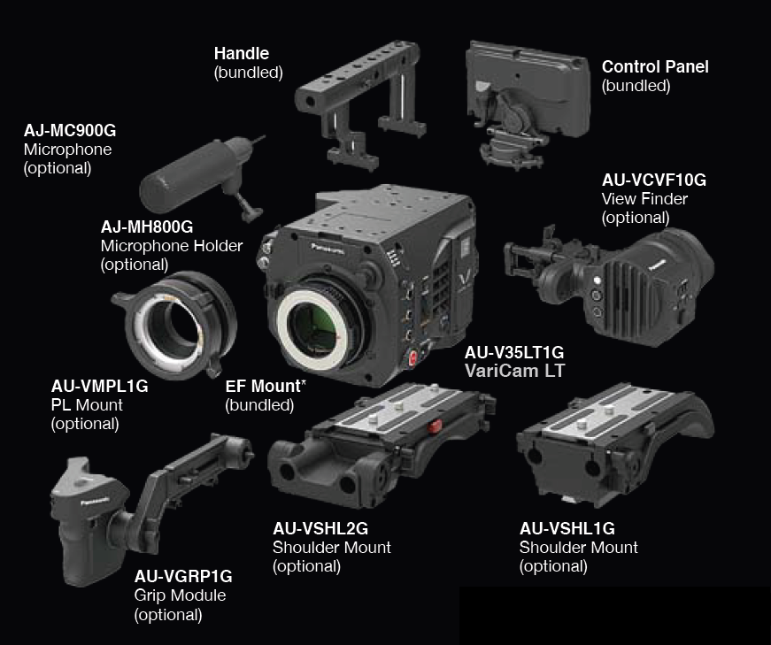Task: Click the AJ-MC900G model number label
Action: click(70, 130)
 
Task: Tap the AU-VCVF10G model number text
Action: click(654, 180)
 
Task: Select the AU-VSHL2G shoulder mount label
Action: click(320, 528)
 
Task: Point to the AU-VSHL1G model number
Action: click(567, 528)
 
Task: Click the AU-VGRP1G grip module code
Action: click(183, 576)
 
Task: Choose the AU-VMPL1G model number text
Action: click(100, 386)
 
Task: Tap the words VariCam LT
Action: click(515, 371)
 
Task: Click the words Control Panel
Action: click(655, 67)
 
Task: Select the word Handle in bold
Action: click(242, 53)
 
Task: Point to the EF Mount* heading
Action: click(266, 386)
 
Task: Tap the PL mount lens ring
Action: click(174, 325)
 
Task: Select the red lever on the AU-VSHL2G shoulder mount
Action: click(435, 426)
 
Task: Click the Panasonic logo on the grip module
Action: click(95, 502)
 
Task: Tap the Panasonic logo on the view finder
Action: click(657, 265)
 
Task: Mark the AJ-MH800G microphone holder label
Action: click(147, 227)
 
